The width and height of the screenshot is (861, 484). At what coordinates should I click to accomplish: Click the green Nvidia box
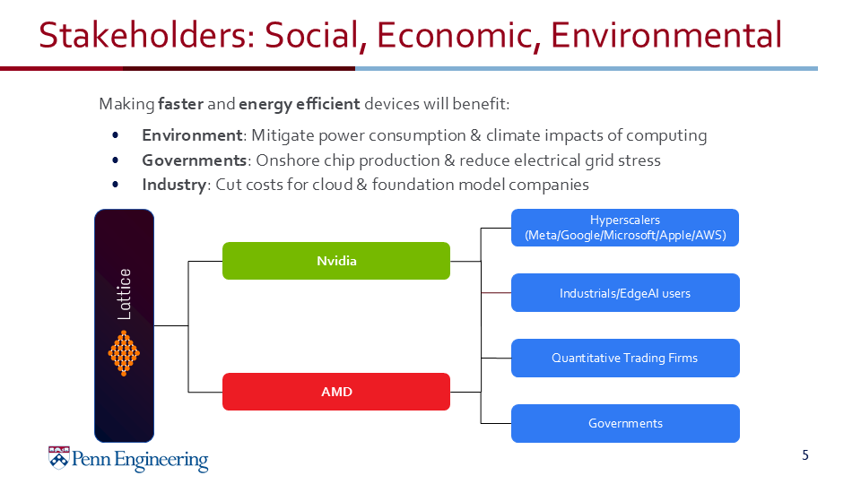point(336,261)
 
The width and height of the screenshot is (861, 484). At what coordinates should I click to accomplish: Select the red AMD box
point(336,392)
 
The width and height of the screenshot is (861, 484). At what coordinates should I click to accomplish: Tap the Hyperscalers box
point(625,229)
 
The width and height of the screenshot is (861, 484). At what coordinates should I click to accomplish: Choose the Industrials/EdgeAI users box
point(625,293)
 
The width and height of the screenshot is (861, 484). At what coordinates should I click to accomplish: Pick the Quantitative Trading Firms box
point(625,358)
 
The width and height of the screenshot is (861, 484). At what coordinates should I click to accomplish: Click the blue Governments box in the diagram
point(625,423)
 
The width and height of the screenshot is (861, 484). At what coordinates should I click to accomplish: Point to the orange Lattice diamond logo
point(125,352)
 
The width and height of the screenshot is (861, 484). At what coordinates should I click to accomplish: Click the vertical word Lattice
point(125,294)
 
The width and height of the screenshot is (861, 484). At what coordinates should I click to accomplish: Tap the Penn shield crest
point(58,459)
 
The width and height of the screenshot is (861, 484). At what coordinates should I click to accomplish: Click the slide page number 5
point(804,455)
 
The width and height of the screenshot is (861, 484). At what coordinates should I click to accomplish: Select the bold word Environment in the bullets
point(192,135)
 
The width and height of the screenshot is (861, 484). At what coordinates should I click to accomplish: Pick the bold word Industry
point(174,185)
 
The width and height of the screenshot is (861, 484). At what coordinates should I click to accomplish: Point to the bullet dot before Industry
point(116,185)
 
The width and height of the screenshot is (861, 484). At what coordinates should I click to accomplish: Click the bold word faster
point(180,104)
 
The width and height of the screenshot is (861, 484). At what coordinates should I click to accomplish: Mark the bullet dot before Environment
point(116,135)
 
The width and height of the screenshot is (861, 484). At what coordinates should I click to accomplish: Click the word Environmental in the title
point(666,36)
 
